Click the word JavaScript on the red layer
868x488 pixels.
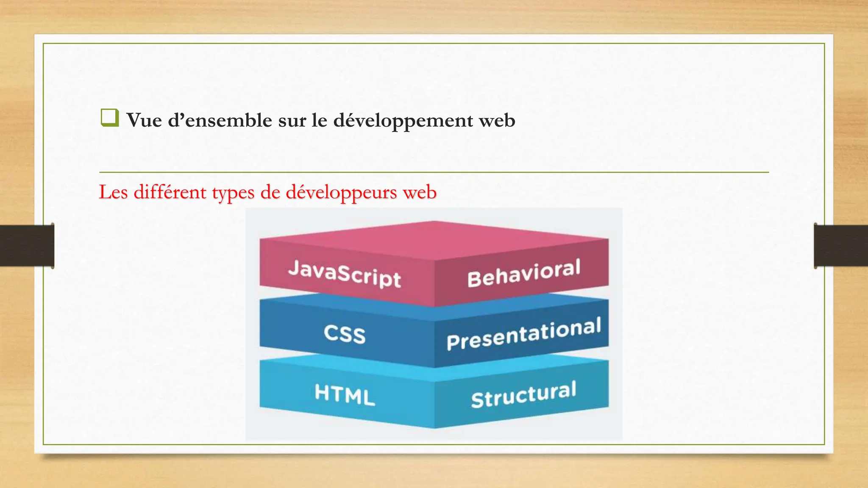click(344, 274)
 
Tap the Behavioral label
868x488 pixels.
click(523, 273)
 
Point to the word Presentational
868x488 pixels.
click(523, 334)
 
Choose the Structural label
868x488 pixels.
click(523, 394)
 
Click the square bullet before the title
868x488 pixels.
click(109, 118)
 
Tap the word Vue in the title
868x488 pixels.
click(144, 120)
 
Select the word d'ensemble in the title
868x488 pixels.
click(220, 120)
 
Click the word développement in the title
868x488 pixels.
click(403, 120)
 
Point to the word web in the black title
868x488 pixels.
click(497, 120)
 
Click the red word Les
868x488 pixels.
click(113, 192)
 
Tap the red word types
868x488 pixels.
click(233, 193)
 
